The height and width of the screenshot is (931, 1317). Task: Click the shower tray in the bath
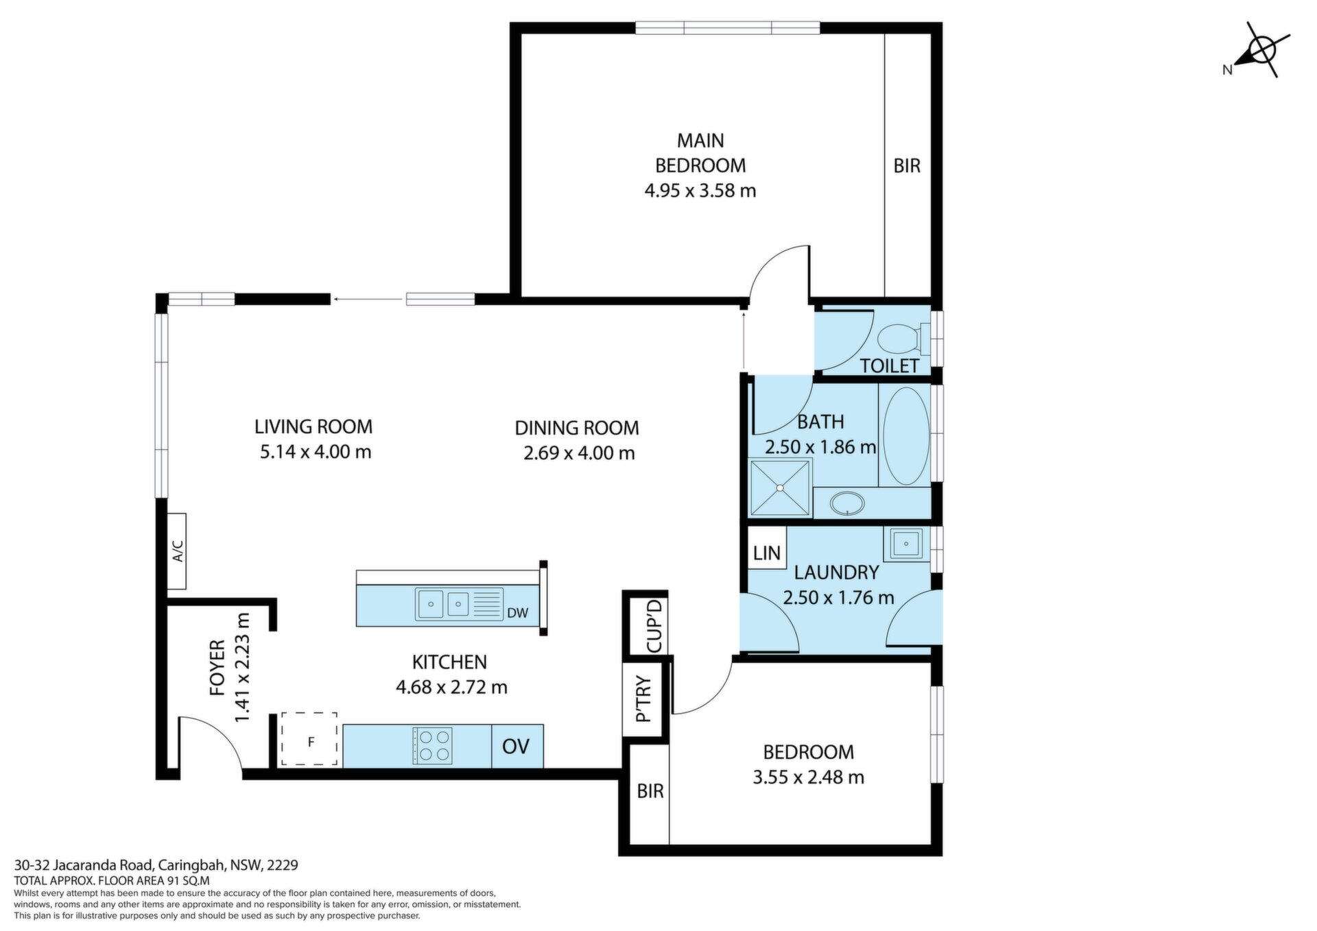pos(780,487)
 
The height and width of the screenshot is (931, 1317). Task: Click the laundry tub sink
pos(906,544)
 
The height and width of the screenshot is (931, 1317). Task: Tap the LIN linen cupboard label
pos(767,553)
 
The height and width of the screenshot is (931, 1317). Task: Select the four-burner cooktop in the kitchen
pos(432,745)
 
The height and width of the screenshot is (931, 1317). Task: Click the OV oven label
pos(516,746)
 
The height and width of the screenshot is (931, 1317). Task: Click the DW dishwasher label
pos(518,613)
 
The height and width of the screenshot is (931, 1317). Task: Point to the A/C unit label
pos(177,551)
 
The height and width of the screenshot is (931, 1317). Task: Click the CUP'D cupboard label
pos(655,625)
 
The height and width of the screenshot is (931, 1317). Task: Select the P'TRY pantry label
pos(643,699)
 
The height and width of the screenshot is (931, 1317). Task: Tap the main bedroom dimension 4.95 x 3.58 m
pos(700,190)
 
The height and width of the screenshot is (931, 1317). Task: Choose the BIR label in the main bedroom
pos(907,165)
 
